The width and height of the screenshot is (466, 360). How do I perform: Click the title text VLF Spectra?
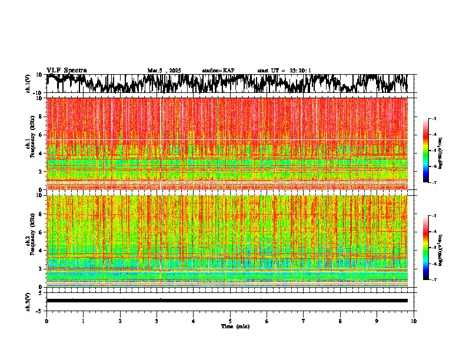point(66,71)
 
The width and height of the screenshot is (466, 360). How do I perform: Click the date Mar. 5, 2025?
point(165,71)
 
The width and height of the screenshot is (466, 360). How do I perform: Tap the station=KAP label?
point(218,71)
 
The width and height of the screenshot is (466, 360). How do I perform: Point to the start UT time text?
point(284,71)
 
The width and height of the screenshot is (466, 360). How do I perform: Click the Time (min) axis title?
point(235,326)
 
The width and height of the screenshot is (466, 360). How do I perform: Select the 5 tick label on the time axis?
point(230,321)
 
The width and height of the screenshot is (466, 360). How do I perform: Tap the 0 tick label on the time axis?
point(46,321)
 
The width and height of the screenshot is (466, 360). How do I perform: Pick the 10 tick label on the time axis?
point(414,321)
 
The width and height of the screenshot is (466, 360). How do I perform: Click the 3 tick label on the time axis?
point(157,321)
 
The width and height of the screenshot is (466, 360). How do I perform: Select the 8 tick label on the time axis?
point(340,321)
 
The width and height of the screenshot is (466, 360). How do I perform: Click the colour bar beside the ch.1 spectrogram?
point(430,151)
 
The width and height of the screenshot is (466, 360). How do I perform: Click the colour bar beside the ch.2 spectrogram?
point(430,248)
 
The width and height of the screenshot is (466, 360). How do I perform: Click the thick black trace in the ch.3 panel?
point(227,301)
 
